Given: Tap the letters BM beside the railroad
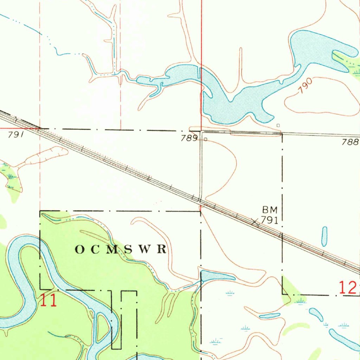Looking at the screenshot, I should tap(270, 210).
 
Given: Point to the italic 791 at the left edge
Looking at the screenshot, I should tap(15, 135).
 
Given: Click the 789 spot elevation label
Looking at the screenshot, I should tap(189, 139).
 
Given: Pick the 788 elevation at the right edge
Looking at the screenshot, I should tap(350, 142).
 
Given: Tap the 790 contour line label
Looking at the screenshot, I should tap(305, 86).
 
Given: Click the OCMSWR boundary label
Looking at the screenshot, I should tap(121, 250).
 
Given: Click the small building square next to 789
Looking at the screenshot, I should tap(206, 139).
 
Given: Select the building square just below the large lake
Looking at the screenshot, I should tap(278, 125).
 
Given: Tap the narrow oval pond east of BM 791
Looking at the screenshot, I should tap(324, 236).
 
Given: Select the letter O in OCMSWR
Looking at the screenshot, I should tap(80, 250).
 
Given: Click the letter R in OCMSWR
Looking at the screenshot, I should tap(162, 250).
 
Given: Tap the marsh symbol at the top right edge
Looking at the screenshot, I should tap(356, 72).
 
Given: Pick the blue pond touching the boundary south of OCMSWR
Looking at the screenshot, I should tap(216, 275).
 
